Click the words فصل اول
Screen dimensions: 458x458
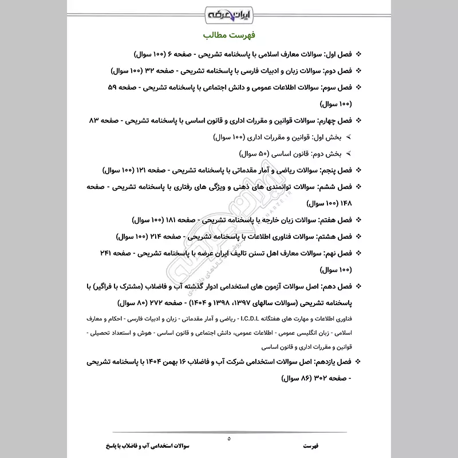(x=335, y=54)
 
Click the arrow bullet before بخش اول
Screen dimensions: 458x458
(x=333, y=138)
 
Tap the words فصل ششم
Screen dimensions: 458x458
(x=333, y=187)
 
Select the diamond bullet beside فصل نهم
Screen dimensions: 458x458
(x=360, y=252)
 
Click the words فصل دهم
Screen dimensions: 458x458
(x=334, y=286)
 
